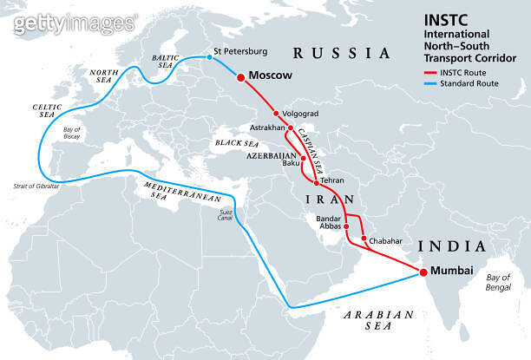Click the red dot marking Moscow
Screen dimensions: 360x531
[239, 76]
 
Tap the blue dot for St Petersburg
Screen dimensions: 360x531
[208, 58]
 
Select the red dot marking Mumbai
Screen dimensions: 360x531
[423, 272]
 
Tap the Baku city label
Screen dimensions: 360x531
[291, 162]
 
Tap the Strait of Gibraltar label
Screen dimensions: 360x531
[36, 186]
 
